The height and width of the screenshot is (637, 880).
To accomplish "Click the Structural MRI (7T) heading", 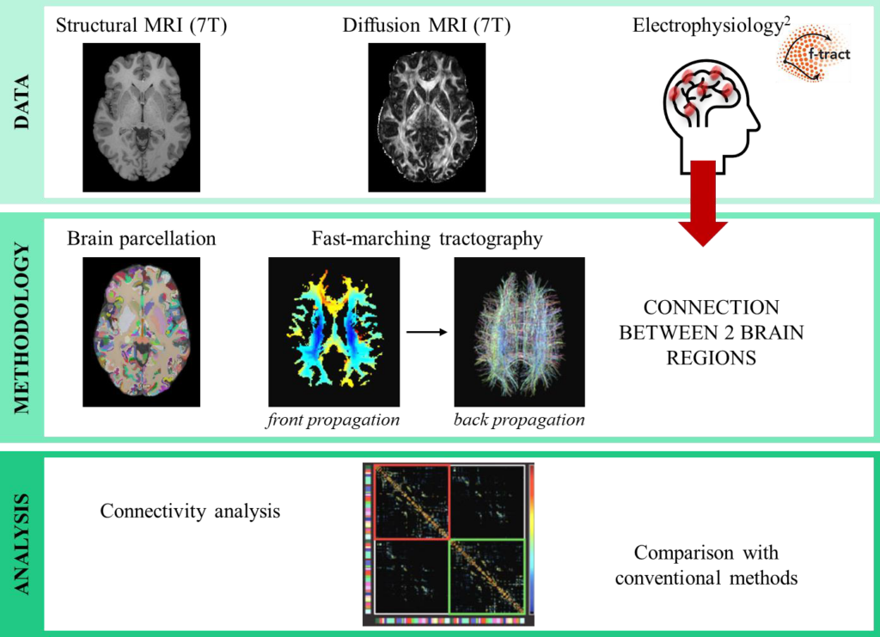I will pyautogui.click(x=141, y=25).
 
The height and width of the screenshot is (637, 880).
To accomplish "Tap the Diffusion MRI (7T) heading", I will pyautogui.click(x=426, y=25).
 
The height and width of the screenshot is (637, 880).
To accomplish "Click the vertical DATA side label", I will pyautogui.click(x=21, y=102).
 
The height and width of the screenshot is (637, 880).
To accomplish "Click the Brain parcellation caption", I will pyautogui.click(x=141, y=238).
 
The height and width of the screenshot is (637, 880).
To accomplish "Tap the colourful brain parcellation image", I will pyautogui.click(x=141, y=332).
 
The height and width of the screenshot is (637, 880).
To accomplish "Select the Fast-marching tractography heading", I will pyautogui.click(x=427, y=238).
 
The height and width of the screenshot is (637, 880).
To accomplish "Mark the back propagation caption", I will pyautogui.click(x=519, y=420).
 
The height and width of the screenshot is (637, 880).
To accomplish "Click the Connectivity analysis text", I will pyautogui.click(x=190, y=511).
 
